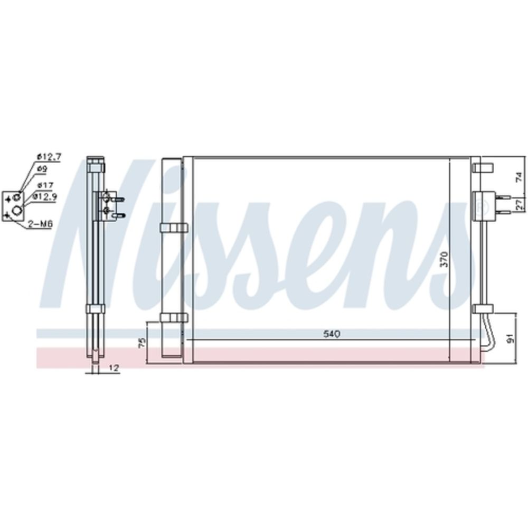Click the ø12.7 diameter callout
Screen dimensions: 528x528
[x=49, y=156]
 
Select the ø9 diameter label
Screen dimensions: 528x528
[x=42, y=169]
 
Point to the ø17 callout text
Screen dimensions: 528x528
[x=44, y=185]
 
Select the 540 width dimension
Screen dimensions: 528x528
[x=332, y=334]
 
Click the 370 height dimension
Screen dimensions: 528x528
[x=444, y=259]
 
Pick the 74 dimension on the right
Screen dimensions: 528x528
[x=519, y=177]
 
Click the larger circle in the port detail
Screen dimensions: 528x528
[x=17, y=210]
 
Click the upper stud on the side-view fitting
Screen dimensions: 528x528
[x=120, y=200]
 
